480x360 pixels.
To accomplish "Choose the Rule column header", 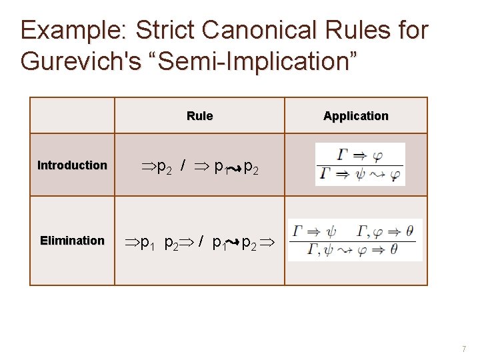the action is (x=199, y=116).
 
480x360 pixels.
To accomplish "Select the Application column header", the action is (x=355, y=116).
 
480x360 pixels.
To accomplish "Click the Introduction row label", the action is (x=72, y=165).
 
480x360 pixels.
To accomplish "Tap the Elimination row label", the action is (x=72, y=240).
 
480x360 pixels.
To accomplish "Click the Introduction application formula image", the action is (x=360, y=165).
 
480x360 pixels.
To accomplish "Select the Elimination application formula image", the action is (x=355, y=240).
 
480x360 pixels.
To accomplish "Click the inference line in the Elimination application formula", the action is (x=355, y=241).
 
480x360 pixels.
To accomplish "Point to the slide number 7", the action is (x=465, y=349).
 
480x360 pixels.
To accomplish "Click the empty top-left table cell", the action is (x=72, y=115).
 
